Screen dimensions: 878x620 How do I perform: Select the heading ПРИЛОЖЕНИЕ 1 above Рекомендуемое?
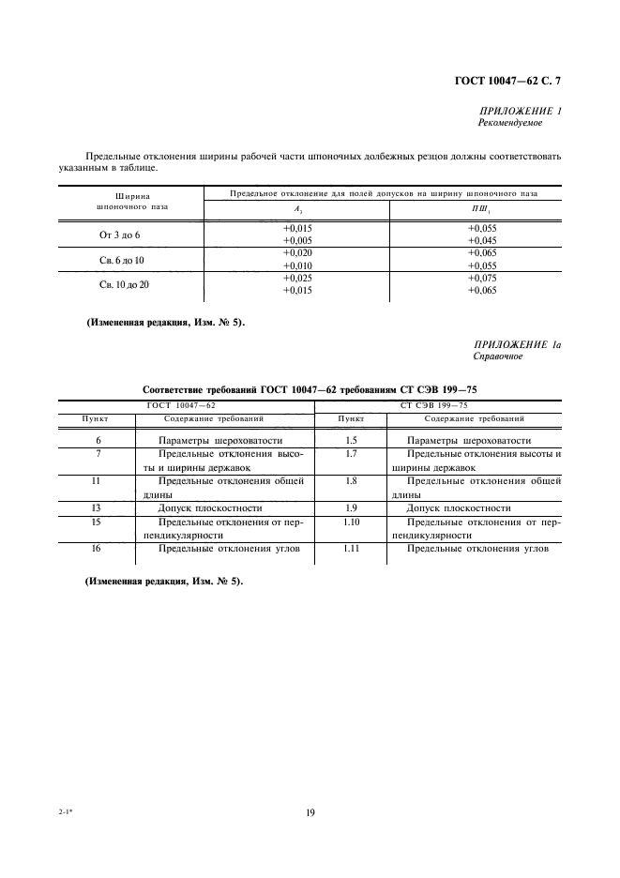pyautogui.click(x=520, y=111)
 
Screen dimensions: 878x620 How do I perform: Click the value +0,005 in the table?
pyautogui.click(x=297, y=240)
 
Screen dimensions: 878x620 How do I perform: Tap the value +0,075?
pyautogui.click(x=482, y=278)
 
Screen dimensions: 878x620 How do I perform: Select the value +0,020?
pyautogui.click(x=297, y=253)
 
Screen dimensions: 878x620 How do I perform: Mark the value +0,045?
pyautogui.click(x=482, y=240)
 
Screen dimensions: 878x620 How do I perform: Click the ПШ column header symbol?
pyautogui.click(x=482, y=210)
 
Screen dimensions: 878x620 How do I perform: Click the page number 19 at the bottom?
pyautogui.click(x=310, y=814)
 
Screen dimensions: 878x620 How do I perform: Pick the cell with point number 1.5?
pyautogui.click(x=351, y=440)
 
